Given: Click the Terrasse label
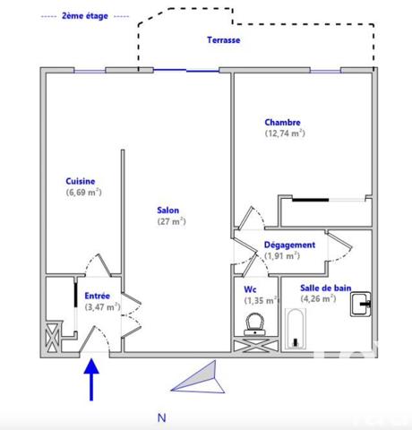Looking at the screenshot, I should pos(223,40).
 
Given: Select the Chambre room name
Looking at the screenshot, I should pos(282,123).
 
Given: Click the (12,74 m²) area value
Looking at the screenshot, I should pos(285,133).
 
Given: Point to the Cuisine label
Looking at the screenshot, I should pos(80,181).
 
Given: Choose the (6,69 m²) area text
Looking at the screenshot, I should pos(82,192).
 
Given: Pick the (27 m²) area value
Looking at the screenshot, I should pos(171,221).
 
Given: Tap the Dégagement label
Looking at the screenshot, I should pos(288,245).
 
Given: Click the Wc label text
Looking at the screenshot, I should pos(251,289).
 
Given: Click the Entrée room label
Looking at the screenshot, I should pos(98,296).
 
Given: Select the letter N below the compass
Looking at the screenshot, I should pos(161,417).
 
